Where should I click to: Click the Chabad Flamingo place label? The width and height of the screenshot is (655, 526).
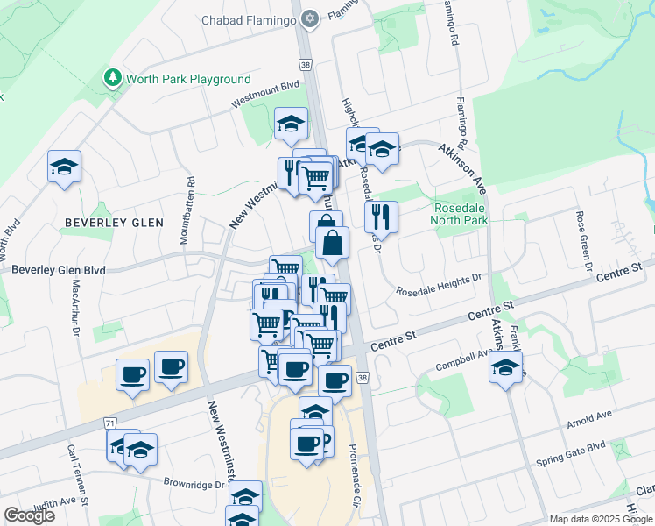249,20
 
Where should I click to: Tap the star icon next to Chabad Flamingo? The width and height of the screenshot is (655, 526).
308,18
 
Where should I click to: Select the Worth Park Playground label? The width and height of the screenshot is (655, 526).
188,79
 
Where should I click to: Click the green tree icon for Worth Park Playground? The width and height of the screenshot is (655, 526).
112,79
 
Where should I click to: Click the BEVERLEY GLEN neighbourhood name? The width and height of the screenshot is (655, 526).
114,223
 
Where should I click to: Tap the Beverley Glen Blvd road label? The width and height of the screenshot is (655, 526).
59,270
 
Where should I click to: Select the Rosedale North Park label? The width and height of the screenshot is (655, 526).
461,214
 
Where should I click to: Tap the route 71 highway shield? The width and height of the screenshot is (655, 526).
110,423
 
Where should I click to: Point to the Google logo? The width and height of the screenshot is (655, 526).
29,515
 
